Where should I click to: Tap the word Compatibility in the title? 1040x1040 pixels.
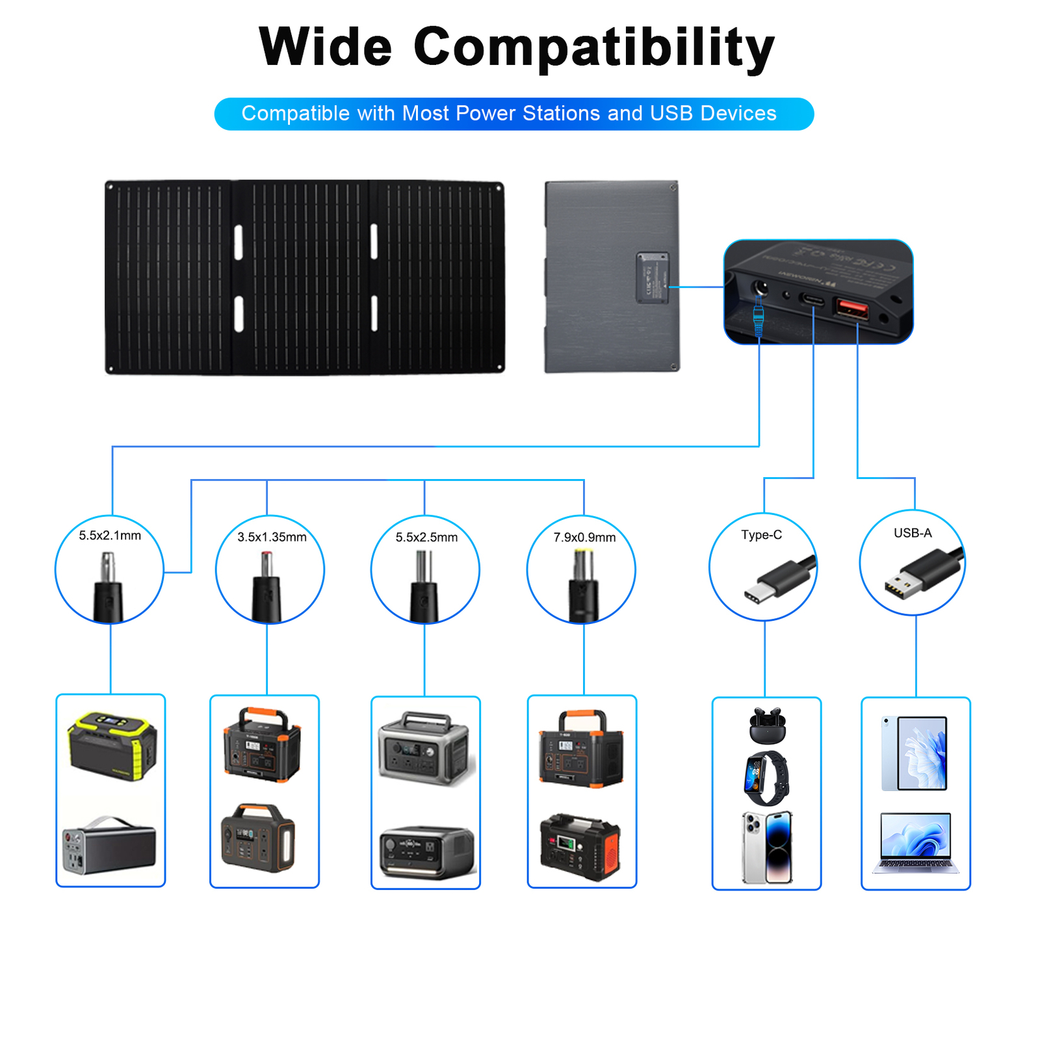point(593,48)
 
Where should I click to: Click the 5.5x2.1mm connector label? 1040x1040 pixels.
point(110,536)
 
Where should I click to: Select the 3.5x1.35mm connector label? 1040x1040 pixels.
point(272,538)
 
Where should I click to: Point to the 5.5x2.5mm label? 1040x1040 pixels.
point(426,538)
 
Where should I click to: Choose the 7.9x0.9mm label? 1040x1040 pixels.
point(584,538)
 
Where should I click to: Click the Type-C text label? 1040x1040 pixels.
point(761,535)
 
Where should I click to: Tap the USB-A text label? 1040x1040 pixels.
point(913,533)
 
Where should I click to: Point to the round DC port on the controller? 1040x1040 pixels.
point(759,288)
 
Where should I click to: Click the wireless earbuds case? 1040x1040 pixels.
point(767,725)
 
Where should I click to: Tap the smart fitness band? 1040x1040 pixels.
point(766,778)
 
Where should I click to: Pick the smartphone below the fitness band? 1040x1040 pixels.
point(767,847)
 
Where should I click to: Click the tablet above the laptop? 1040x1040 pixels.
point(915,753)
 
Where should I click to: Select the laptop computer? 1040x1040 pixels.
point(915,842)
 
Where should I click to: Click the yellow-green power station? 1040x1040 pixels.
point(112,745)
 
